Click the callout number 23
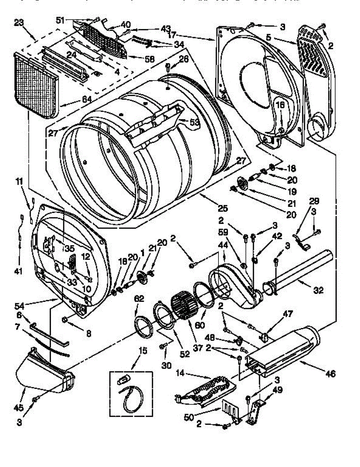point(18,23)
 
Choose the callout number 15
point(143,351)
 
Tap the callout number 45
point(18,407)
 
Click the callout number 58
point(149,60)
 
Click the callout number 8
point(89,333)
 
